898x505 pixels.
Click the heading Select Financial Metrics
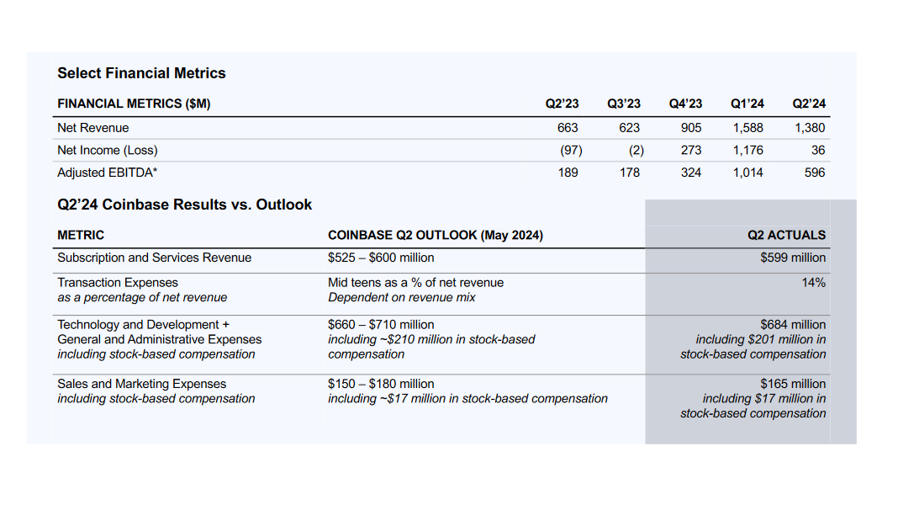point(141,73)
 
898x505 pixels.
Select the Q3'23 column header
point(623,104)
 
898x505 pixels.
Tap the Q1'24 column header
point(747,104)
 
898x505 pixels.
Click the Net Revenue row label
point(93,128)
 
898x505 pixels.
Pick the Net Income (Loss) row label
point(108,150)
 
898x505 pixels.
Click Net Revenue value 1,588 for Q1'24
point(747,128)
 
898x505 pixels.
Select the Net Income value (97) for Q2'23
point(571,150)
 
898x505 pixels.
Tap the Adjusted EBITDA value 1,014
point(747,173)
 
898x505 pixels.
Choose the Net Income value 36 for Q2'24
point(818,150)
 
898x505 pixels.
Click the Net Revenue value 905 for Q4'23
point(691,128)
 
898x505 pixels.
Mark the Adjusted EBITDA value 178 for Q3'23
point(629,173)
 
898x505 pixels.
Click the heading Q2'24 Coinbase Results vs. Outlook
point(184,205)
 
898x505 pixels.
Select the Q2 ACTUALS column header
point(786,235)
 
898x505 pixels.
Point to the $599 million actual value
point(793,258)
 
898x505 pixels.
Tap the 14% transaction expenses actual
point(813,283)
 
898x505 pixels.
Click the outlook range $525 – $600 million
point(381,258)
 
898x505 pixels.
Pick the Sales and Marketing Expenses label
point(141,384)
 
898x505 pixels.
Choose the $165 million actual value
point(793,384)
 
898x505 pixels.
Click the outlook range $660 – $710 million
point(381,325)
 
